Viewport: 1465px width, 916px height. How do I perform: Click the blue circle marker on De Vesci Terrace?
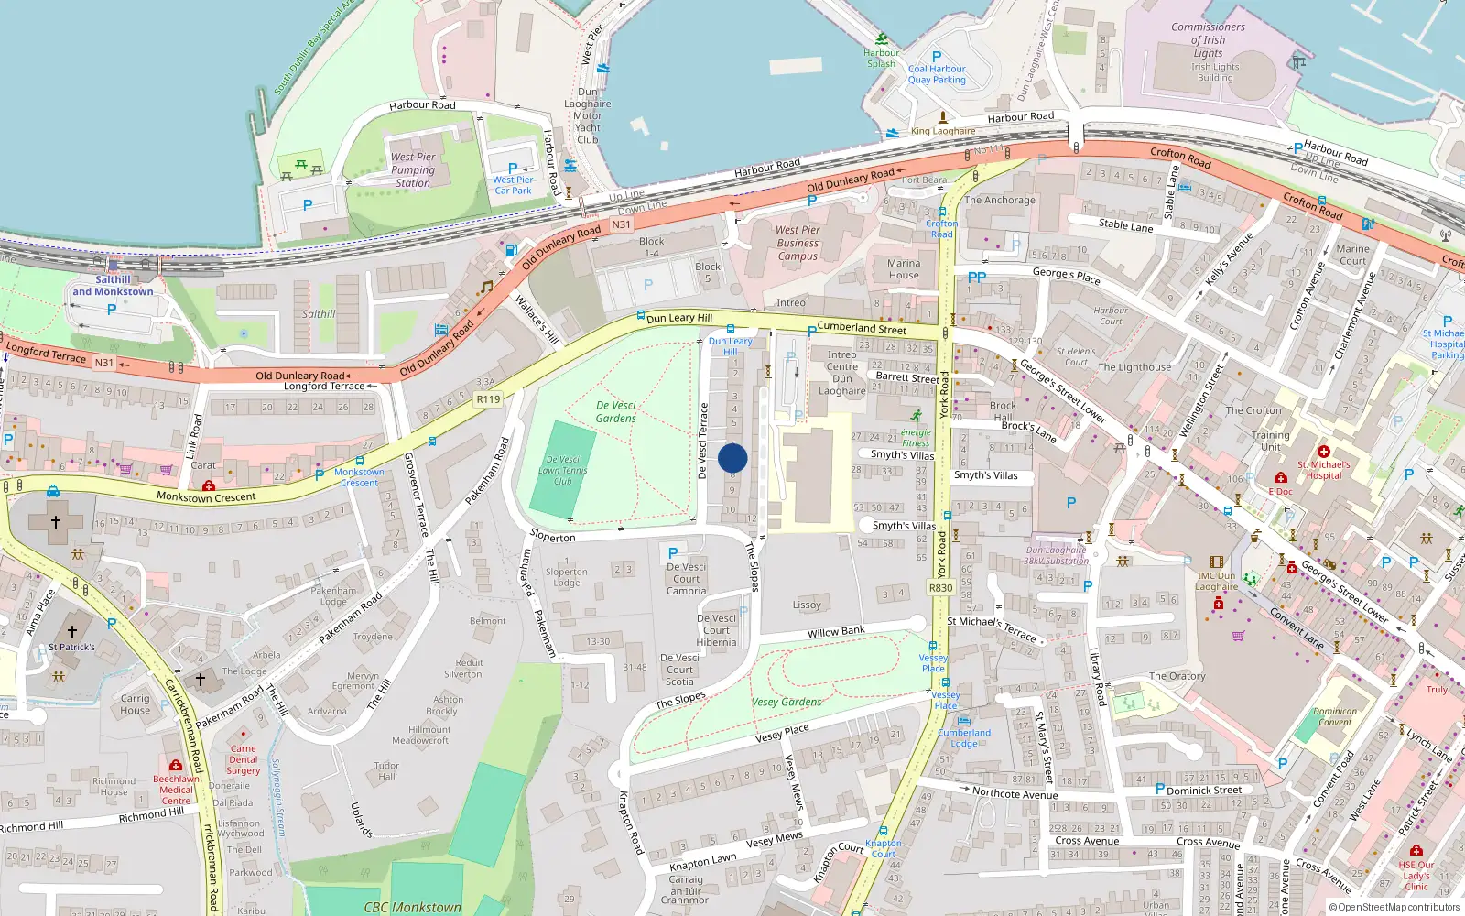coord(732,458)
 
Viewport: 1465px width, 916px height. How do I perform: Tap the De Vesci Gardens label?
coord(615,411)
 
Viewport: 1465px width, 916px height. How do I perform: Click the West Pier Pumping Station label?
coord(413,169)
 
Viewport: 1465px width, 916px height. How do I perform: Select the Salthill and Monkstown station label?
coord(113,286)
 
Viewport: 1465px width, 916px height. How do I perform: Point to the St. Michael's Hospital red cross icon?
coord(1323,452)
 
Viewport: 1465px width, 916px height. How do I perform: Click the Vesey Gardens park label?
coord(787,702)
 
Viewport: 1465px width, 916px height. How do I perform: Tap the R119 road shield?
coord(488,399)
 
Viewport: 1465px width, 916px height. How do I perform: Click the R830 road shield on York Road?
coord(940,588)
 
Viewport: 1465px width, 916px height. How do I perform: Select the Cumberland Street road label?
coord(862,328)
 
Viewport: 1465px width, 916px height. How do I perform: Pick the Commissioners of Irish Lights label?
coord(1208,40)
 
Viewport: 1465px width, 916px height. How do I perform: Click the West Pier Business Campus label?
coord(798,243)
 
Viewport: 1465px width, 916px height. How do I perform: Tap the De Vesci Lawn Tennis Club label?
coord(563,470)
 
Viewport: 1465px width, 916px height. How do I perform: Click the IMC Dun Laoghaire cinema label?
coord(1216,582)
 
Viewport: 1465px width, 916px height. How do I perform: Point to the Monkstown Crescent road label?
coord(206,497)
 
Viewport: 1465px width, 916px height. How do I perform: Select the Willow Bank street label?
coord(836,632)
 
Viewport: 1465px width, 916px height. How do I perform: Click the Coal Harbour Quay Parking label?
coord(937,74)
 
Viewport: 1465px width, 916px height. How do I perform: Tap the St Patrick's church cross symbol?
coord(71,632)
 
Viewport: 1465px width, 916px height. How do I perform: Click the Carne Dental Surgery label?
coord(244,759)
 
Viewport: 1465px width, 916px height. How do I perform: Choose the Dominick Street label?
coord(1204,790)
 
